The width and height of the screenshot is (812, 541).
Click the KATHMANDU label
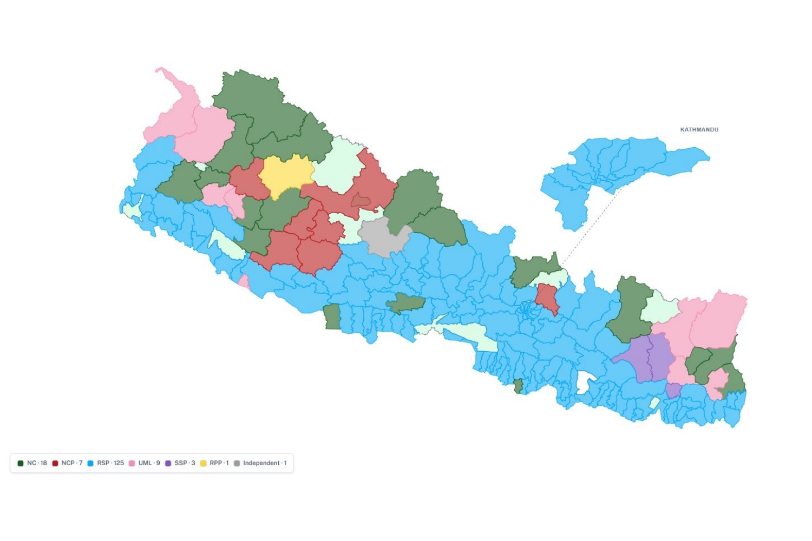coord(699,130)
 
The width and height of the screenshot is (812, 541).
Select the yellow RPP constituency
coord(285,174)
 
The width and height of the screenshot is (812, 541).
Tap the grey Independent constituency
coord(382,237)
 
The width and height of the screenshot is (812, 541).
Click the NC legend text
coord(37,463)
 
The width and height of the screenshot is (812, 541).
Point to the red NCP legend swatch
coord(55,463)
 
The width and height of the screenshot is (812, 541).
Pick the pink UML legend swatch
coord(132,463)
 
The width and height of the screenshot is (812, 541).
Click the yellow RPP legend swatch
coord(204,463)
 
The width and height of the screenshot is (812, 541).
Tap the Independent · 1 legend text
coord(264,463)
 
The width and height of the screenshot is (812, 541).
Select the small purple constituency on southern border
coord(673,391)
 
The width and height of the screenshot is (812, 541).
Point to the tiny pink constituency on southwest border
coord(244,281)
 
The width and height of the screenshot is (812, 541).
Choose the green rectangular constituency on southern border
coord(332,317)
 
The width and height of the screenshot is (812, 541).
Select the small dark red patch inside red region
coord(361,201)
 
